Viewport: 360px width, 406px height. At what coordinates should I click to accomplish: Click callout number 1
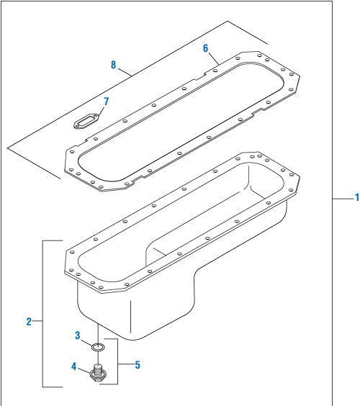[x=356, y=197]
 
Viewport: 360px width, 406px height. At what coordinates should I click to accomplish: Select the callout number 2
[x=30, y=321]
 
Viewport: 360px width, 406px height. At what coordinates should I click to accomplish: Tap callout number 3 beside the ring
[x=78, y=335]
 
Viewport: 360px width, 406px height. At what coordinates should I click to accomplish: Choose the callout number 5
[x=137, y=365]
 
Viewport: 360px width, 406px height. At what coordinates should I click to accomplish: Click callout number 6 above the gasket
[x=206, y=48]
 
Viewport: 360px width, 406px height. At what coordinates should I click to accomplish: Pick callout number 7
[x=106, y=101]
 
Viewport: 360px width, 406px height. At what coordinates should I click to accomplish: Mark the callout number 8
[x=113, y=65]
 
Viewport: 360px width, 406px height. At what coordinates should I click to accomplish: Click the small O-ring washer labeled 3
[x=97, y=348]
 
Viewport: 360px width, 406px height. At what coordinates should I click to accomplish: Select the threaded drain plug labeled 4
[x=97, y=374]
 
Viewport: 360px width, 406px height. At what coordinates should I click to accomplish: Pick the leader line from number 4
[x=85, y=370]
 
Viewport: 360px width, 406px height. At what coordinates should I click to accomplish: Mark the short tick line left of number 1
[x=342, y=197]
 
